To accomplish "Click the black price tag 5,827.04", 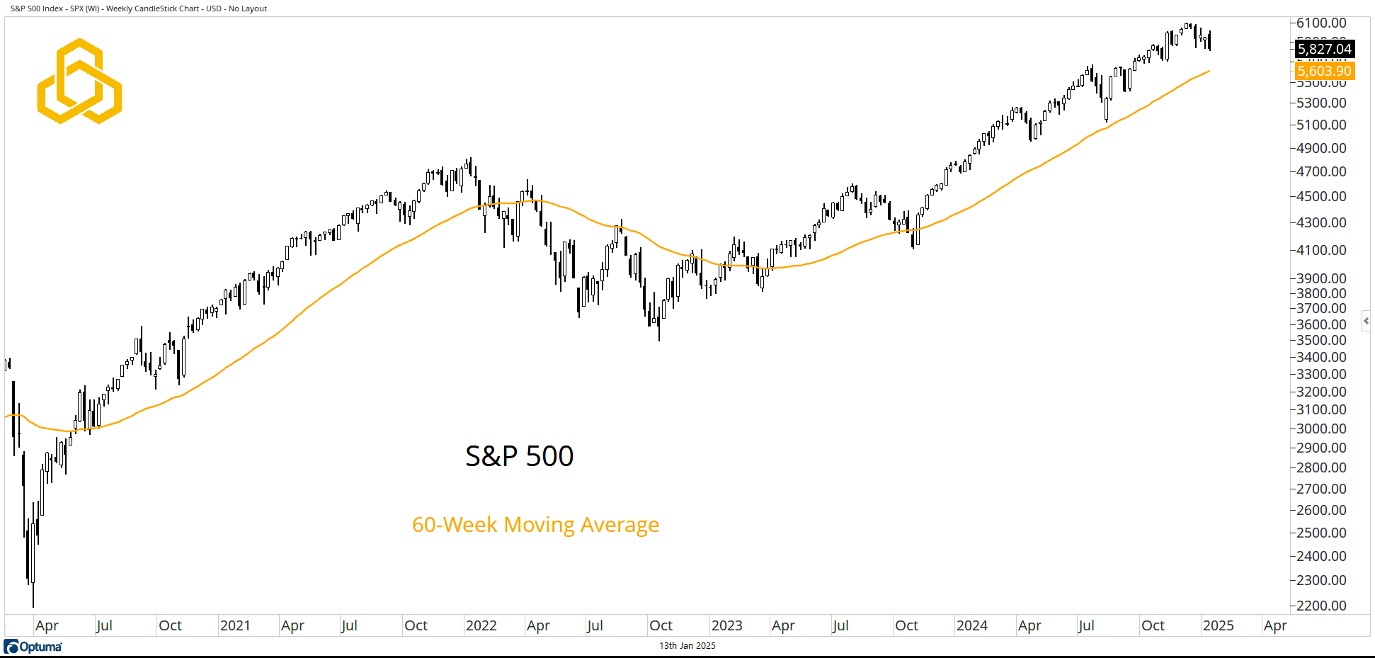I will click(1324, 49).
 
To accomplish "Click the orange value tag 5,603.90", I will click(1324, 71).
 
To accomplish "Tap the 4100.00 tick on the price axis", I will click(1321, 250).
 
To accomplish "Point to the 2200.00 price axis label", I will click(1321, 606).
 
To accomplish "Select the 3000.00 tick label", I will click(1321, 429).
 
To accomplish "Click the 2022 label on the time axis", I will click(481, 625).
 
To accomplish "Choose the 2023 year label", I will click(726, 625).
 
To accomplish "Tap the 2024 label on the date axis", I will click(971, 625).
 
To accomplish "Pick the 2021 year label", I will click(235, 625).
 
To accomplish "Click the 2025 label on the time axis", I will click(1218, 625).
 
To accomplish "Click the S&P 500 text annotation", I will click(519, 456).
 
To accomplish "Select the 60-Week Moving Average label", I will click(535, 525).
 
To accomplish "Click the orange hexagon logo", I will click(79, 81).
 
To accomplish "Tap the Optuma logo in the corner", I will click(33, 647).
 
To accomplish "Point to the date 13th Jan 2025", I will click(687, 646).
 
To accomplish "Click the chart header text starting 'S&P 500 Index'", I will click(139, 8).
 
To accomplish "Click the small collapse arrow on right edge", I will click(1366, 321).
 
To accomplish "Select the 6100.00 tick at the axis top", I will click(1321, 23).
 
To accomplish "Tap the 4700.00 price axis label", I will click(1321, 171).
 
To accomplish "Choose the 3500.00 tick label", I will click(1321, 340).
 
